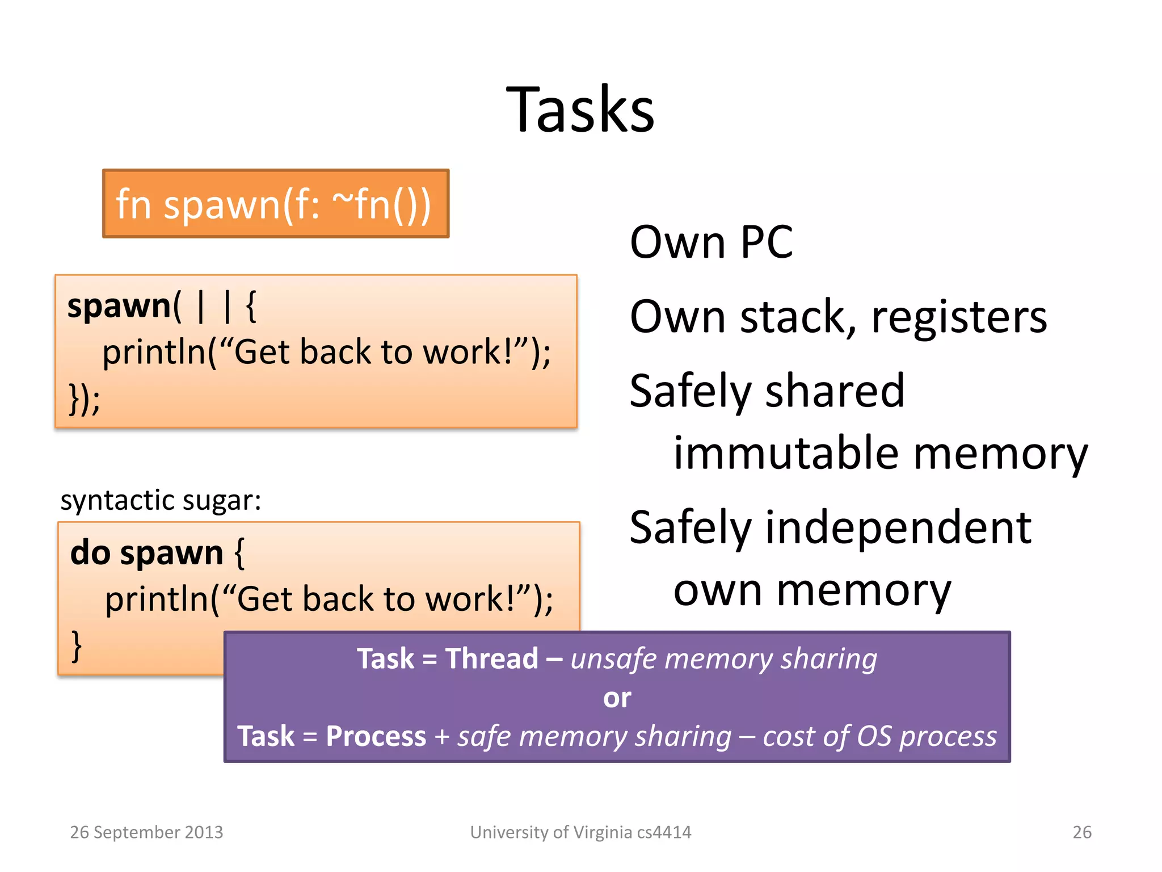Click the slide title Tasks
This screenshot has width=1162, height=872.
pos(580,109)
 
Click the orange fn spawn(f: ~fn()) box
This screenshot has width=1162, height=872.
pos(276,204)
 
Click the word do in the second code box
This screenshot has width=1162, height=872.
pos(90,553)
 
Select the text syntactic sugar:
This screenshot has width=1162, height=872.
pos(161,501)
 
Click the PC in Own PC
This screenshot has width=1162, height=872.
pos(766,242)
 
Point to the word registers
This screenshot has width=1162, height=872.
pos(958,317)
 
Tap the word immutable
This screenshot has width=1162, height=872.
pos(786,453)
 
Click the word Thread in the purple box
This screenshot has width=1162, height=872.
pos(491,659)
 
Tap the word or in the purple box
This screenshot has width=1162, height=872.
pos(617,698)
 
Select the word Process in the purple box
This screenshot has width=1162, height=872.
pos(376,736)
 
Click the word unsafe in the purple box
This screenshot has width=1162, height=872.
pos(614,659)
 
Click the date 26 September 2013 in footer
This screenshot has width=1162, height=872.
pos(146,832)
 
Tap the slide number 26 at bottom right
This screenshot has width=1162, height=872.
pos(1081,832)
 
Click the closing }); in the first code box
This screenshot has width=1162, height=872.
pos(85,399)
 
